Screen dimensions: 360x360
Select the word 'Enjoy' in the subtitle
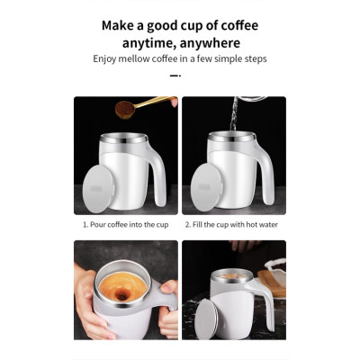[107, 59]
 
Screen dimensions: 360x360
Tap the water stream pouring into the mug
[231, 117]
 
